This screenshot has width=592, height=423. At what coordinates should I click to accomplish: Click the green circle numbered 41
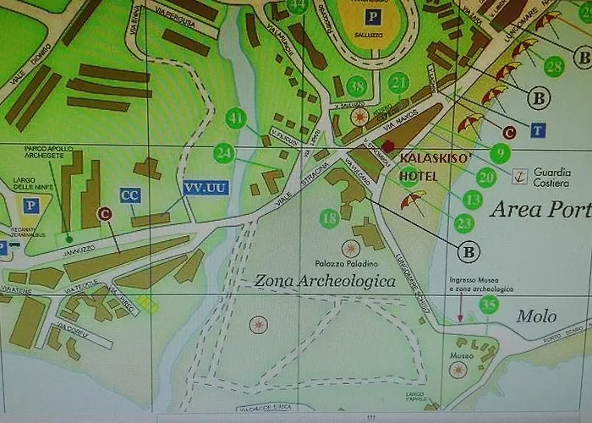click(236, 118)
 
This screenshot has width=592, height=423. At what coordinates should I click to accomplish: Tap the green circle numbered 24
click(223, 153)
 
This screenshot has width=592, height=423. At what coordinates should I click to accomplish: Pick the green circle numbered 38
click(357, 86)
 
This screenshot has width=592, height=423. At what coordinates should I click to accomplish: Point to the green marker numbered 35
click(488, 305)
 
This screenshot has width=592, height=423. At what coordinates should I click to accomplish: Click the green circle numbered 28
click(554, 66)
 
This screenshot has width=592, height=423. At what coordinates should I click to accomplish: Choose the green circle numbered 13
click(472, 200)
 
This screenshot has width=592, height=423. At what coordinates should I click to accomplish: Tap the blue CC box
click(130, 195)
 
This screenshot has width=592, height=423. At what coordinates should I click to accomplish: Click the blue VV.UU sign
click(206, 188)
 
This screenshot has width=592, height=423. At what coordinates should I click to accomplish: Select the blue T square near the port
click(537, 129)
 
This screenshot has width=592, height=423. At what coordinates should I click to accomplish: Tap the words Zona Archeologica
click(325, 280)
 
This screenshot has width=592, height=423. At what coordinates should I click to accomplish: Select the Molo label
click(537, 316)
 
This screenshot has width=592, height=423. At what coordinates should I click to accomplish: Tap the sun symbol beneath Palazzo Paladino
click(350, 248)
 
